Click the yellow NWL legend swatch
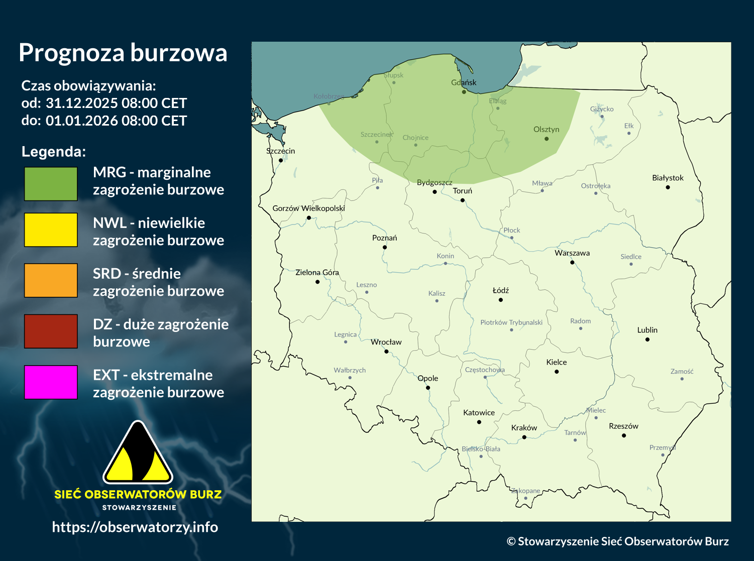click(51, 230)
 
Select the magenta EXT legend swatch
click(51, 382)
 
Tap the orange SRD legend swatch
click(51, 281)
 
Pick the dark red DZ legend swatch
click(51, 331)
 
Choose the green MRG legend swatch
click(51, 184)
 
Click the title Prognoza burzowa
click(123, 53)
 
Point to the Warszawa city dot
click(572, 262)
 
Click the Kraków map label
click(524, 428)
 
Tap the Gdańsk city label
click(464, 82)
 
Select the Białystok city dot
click(668, 187)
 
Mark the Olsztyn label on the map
click(546, 130)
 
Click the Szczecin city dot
click(281, 160)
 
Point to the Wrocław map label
click(386, 342)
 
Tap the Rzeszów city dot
click(624, 435)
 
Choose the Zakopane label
click(525, 491)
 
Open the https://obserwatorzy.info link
click(135, 527)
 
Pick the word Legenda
click(53, 152)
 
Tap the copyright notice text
click(617, 541)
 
